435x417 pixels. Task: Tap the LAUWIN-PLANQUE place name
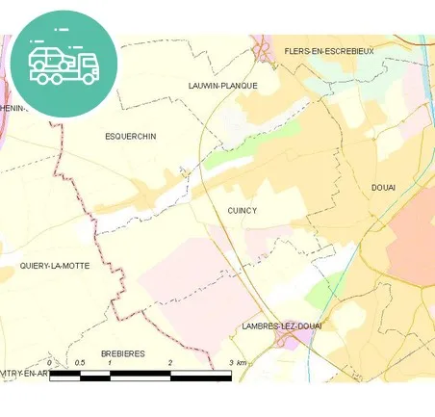click(x=223, y=86)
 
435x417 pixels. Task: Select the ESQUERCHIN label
click(x=130, y=137)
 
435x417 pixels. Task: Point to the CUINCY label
click(x=243, y=209)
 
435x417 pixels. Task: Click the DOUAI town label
click(x=384, y=187)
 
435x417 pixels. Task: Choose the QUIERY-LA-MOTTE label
click(x=55, y=265)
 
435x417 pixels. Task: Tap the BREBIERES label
click(x=121, y=353)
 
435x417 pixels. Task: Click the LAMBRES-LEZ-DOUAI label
click(x=283, y=326)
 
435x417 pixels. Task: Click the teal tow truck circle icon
click(x=64, y=63)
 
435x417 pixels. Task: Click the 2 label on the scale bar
click(x=170, y=362)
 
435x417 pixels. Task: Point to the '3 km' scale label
click(x=237, y=362)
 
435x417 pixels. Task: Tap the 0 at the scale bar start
click(x=50, y=362)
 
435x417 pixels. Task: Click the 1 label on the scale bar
click(x=111, y=362)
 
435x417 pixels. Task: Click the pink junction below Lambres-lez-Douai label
click(x=283, y=341)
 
